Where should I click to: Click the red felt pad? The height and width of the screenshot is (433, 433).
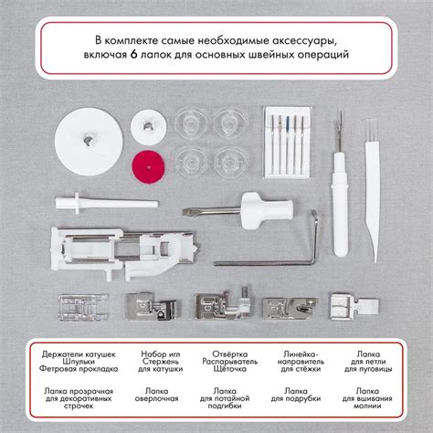pyautogui.click(x=148, y=167)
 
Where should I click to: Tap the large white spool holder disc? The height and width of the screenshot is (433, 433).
pyautogui.click(x=89, y=142)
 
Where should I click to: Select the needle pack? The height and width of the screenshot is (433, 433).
pyautogui.click(x=288, y=143)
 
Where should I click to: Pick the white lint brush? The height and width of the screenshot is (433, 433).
pyautogui.click(x=373, y=190)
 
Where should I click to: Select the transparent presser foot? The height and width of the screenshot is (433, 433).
pyautogui.click(x=83, y=307)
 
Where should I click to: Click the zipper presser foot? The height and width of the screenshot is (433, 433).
pyautogui.click(x=354, y=306)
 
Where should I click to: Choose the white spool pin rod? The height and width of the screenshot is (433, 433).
pyautogui.click(x=107, y=203)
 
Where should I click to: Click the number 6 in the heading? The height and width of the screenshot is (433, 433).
pyautogui.click(x=132, y=55)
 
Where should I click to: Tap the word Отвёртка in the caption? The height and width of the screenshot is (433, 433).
pyautogui.click(x=230, y=354)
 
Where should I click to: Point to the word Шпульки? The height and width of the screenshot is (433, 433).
pyautogui.click(x=79, y=362)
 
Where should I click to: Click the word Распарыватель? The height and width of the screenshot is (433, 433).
pyautogui.click(x=230, y=362)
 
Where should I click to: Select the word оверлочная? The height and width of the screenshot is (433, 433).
pyautogui.click(x=156, y=398)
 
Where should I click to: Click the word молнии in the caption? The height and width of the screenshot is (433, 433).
pyautogui.click(x=367, y=406)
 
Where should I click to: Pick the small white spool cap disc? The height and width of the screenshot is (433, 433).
pyautogui.click(x=149, y=127)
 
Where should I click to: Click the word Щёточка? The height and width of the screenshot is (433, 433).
pyautogui.click(x=230, y=369)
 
